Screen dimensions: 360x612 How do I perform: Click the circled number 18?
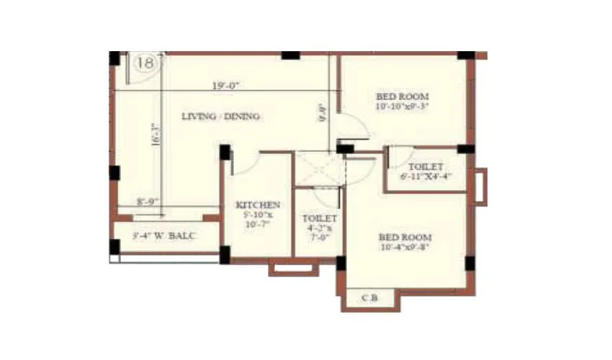144,63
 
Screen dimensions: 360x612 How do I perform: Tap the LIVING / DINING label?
221,116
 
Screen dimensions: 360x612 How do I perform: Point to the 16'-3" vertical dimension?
155,134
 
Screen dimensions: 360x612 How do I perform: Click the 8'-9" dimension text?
148,202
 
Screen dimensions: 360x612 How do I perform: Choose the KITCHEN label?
258,205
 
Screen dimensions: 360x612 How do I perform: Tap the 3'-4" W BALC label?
164,235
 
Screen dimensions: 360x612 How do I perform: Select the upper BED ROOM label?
402,96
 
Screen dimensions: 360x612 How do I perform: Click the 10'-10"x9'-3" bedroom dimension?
402,107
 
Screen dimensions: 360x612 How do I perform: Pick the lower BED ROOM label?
405,237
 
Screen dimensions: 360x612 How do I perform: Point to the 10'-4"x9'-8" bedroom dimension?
405,248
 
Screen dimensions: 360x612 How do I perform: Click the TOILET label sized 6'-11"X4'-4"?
426,166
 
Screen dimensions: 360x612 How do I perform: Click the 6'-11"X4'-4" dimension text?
426,176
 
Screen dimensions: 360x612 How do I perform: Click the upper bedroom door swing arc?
356,130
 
